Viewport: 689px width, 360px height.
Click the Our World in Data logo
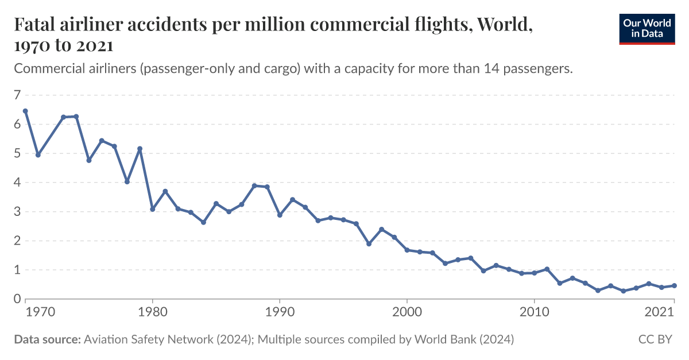click(647, 27)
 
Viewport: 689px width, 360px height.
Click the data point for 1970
click(25, 111)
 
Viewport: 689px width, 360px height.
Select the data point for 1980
click(153, 209)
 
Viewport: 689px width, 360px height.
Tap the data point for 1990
click(280, 215)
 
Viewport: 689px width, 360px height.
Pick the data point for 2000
click(407, 250)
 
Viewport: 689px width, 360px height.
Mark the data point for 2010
click(534, 273)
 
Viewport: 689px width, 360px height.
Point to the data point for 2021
click(674, 285)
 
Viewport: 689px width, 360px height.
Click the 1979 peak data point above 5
click(140, 149)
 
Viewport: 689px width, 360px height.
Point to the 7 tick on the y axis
click(17, 95)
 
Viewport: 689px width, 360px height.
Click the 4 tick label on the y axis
click(17, 183)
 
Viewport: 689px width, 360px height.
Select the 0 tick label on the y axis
click(17, 299)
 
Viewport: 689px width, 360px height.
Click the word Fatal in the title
click(35, 25)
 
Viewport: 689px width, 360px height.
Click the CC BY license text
click(655, 340)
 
